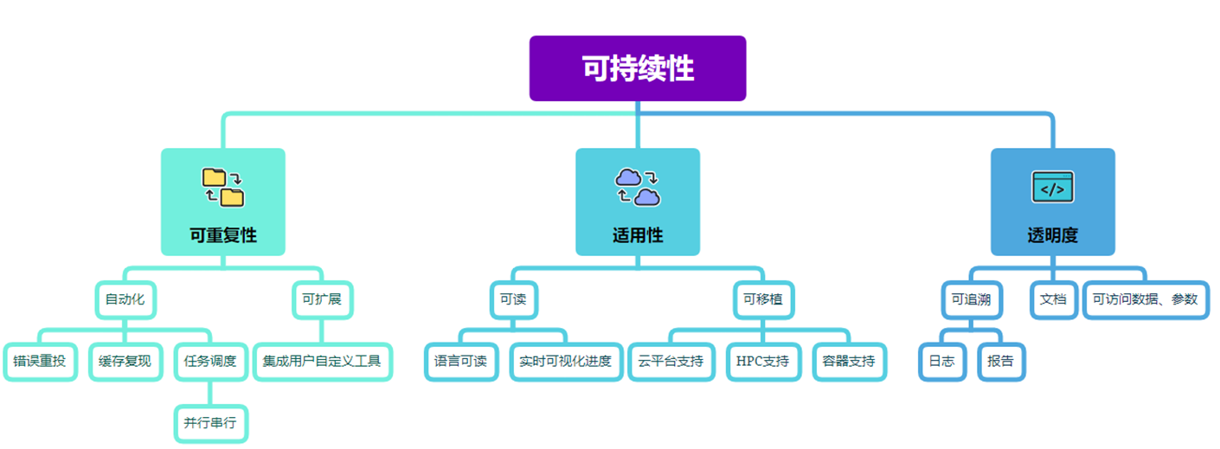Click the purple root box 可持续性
638,68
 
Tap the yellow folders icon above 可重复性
223,187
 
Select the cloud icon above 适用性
638,187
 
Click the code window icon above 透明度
1053,187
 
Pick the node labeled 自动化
125,300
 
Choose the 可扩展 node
321,300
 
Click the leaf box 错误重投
39,361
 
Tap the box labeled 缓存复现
125,361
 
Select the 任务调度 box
210,361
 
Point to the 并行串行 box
210,424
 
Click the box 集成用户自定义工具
322,361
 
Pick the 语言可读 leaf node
460,361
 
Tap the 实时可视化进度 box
565,361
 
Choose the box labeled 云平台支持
671,361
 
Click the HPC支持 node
762,361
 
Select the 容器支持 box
849,361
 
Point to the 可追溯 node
971,300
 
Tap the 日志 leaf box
941,361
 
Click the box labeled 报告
1000,361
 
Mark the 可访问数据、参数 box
1145,300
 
